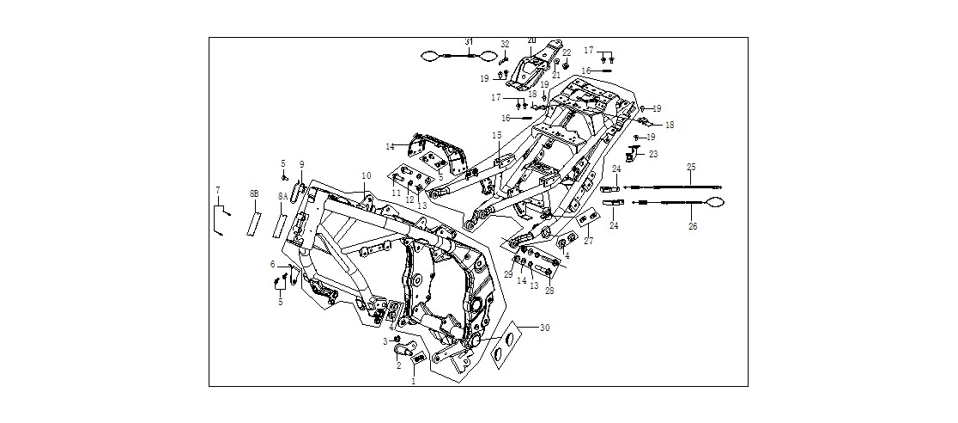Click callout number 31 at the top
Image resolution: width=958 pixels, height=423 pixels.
pyautogui.click(x=469, y=41)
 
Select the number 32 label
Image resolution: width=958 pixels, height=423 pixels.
pyautogui.click(x=505, y=44)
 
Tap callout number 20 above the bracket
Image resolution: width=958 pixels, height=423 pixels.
pyautogui.click(x=531, y=40)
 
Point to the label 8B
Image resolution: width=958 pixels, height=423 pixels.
pyautogui.click(x=254, y=193)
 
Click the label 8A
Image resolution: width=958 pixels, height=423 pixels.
pyautogui.click(x=282, y=196)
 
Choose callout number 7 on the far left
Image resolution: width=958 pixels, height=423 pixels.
pyautogui.click(x=217, y=190)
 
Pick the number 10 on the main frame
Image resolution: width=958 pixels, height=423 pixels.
pyautogui.click(x=366, y=175)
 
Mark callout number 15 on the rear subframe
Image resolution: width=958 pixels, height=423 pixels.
pyautogui.click(x=497, y=135)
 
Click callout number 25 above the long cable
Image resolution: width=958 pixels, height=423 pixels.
pyautogui.click(x=691, y=167)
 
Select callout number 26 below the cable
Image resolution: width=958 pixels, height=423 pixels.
pyautogui.click(x=691, y=226)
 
